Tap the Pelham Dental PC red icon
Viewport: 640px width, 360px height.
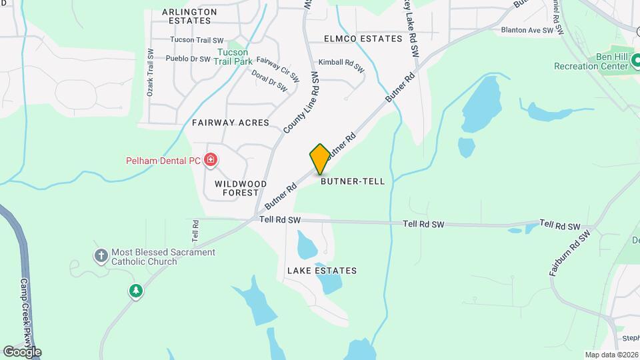coord(211,160)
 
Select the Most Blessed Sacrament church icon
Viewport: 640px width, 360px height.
coord(101,255)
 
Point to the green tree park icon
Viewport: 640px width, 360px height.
coord(136,291)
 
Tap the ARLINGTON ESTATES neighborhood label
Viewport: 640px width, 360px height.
coord(190,17)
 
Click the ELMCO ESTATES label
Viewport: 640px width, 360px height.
coord(363,39)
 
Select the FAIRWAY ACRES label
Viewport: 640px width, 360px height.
coord(231,123)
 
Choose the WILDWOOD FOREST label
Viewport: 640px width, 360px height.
coord(241,188)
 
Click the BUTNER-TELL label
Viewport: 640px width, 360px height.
coord(353,181)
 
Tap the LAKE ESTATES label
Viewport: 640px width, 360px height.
coord(322,271)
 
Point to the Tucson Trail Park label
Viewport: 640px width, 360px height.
coord(233,57)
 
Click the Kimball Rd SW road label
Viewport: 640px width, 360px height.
coord(341,65)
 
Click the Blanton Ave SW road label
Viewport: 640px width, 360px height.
coord(527,30)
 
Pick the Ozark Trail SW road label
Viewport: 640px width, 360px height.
coord(150,73)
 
